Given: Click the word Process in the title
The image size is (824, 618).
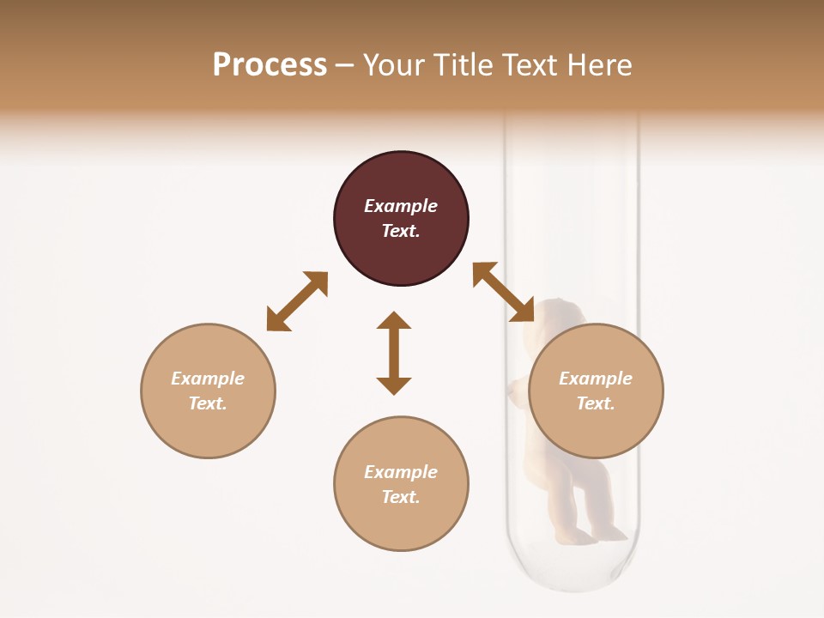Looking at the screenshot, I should pyautogui.click(x=270, y=65).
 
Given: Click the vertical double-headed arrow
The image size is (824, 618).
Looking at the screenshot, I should pyautogui.click(x=394, y=353).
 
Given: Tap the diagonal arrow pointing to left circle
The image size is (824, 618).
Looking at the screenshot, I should pyautogui.click(x=297, y=301).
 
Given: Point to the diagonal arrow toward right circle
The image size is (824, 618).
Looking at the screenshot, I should pyautogui.click(x=504, y=292).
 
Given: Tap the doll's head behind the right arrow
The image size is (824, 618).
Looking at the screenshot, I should pyautogui.click(x=553, y=314).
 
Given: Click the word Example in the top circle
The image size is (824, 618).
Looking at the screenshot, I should pyautogui.click(x=401, y=206).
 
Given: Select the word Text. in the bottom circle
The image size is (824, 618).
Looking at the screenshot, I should pyautogui.click(x=401, y=497).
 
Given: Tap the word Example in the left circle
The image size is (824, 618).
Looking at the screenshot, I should pyautogui.click(x=208, y=379).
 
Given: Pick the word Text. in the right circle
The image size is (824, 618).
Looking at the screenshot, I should pyautogui.click(x=596, y=403).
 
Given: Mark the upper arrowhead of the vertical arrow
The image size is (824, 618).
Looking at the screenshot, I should pyautogui.click(x=394, y=321).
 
